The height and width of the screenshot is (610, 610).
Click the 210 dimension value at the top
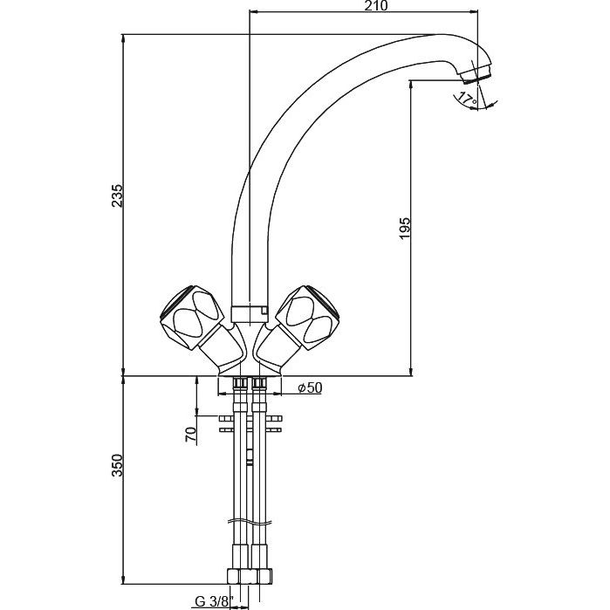(377, 6)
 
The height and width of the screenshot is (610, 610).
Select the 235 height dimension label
(117, 195)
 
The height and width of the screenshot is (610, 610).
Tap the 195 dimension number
(405, 229)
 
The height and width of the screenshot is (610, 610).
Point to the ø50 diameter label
(310, 387)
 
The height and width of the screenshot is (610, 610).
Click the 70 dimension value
(191, 434)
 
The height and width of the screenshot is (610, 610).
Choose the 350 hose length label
(117, 465)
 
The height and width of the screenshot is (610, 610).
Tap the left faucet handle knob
(192, 318)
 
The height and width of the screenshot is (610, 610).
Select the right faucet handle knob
(308, 318)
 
